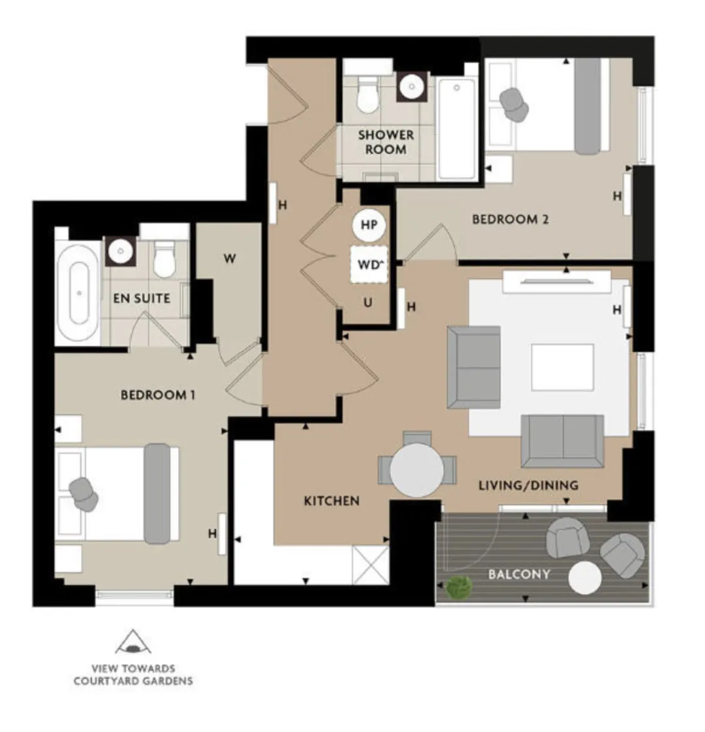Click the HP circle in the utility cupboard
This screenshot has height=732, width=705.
pos(369,225)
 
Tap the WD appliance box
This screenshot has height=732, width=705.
pos(369,264)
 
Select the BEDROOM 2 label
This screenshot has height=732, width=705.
pos(510,219)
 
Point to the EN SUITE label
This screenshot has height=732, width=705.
pos(142,298)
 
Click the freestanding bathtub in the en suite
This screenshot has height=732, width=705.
pos(78,293)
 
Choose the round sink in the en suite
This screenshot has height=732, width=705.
pos(121,251)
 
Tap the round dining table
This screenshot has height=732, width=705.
pos(416,470)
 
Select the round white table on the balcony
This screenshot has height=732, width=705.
pos(585,578)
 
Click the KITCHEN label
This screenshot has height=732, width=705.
pos(332,501)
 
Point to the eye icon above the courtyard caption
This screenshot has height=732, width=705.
pos(133,643)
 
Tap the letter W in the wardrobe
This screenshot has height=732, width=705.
pos(230,258)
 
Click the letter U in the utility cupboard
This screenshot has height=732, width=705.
pos(368,302)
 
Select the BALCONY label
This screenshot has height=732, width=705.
pos(520,574)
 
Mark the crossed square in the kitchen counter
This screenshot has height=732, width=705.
pos(371,565)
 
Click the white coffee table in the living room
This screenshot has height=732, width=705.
pos(563,368)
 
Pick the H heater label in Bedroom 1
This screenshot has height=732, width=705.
pos(212,533)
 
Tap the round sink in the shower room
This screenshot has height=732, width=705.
pos(411,86)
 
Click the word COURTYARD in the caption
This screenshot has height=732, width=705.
pos(105,681)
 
